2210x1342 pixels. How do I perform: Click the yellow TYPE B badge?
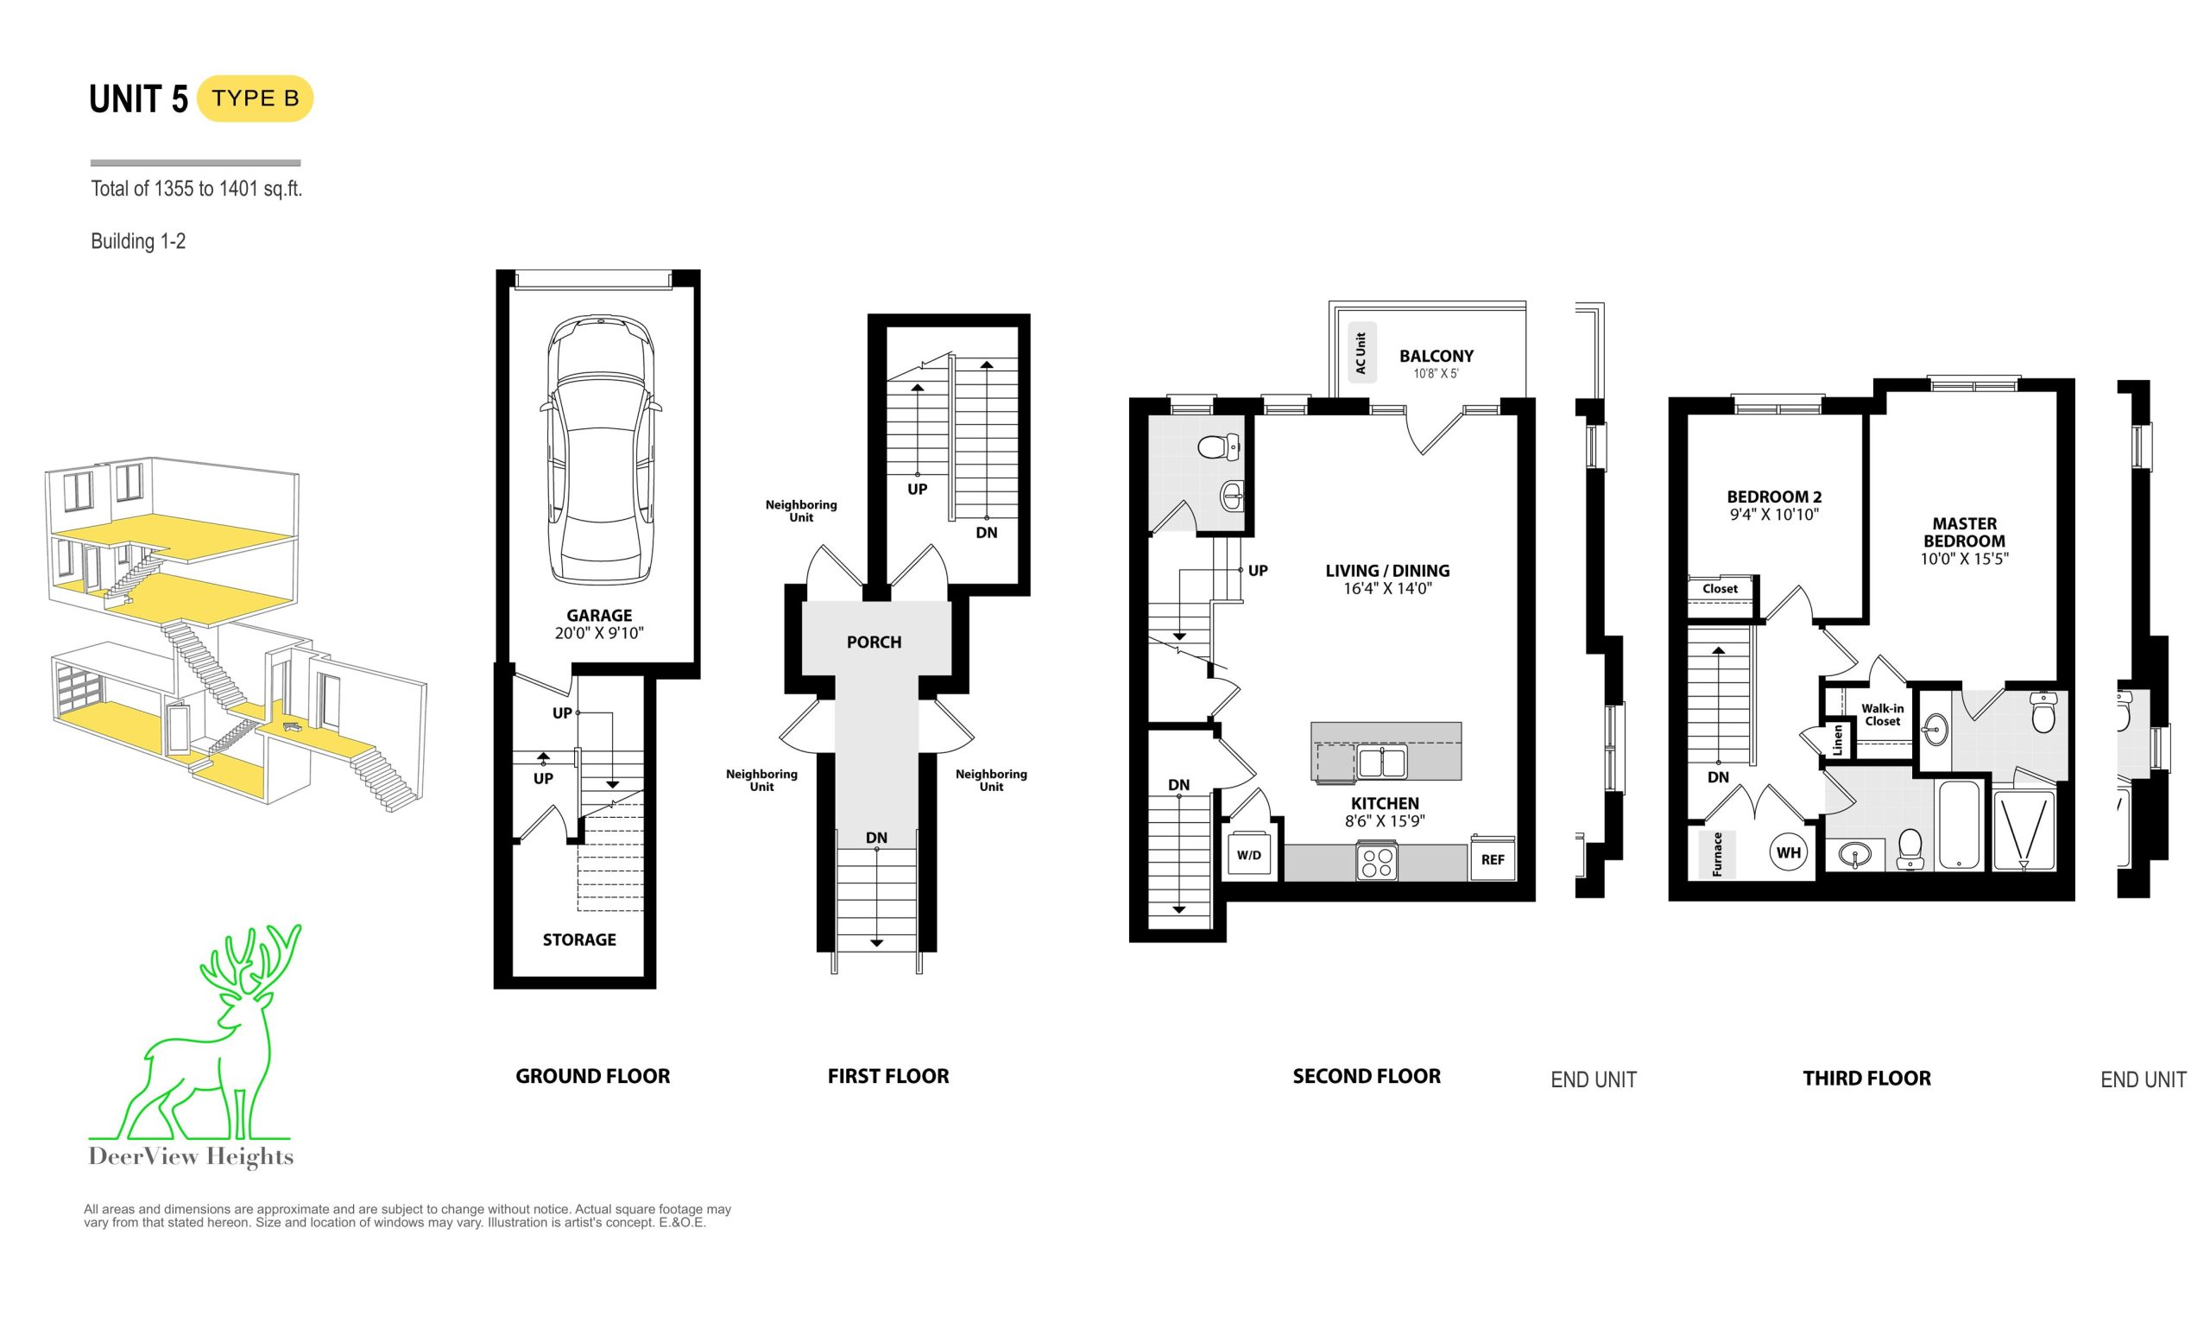point(255,98)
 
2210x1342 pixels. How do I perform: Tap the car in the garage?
point(600,449)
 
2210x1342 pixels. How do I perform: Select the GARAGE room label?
point(599,616)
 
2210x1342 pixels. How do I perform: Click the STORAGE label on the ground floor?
point(579,940)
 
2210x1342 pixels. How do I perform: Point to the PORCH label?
point(874,643)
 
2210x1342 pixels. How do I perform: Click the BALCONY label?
point(1436,356)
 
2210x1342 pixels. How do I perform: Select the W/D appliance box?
point(1248,855)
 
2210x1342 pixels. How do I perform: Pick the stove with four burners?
point(1377,860)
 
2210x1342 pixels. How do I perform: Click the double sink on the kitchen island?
point(1382,763)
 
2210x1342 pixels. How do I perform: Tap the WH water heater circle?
point(1789,852)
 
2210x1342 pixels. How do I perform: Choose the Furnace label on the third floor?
point(1718,854)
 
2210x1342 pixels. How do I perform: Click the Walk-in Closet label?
point(1883,715)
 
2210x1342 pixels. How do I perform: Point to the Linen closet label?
point(1837,740)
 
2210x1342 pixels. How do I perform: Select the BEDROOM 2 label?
point(1774,497)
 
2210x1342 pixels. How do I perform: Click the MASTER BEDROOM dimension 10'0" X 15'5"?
point(1964,558)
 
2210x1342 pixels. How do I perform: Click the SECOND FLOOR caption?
point(1366,1077)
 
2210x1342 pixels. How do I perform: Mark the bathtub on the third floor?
point(1960,825)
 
